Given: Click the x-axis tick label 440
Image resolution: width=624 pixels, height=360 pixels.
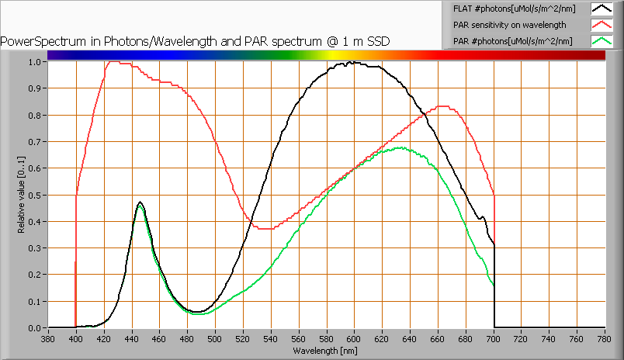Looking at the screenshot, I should click(132, 338).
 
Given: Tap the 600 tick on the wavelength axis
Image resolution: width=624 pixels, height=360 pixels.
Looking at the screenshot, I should click(355, 338).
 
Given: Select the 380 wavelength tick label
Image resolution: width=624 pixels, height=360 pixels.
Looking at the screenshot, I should click(48, 338).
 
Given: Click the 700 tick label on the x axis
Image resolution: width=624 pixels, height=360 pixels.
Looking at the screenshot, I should click(494, 338).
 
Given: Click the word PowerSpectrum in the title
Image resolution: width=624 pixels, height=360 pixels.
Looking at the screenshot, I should click(38, 41).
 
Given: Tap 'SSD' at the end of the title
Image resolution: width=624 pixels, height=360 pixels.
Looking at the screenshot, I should click(377, 41).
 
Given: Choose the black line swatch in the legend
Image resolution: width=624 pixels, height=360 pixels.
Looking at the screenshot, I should click(601, 9).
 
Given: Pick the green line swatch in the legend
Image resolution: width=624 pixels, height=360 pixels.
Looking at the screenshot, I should click(601, 40).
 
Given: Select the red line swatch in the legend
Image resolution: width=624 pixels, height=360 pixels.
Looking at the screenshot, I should click(601, 25).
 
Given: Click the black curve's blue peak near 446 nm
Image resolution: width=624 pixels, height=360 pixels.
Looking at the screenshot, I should click(140, 202).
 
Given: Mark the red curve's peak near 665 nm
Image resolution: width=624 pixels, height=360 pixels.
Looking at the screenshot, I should click(443, 106).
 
